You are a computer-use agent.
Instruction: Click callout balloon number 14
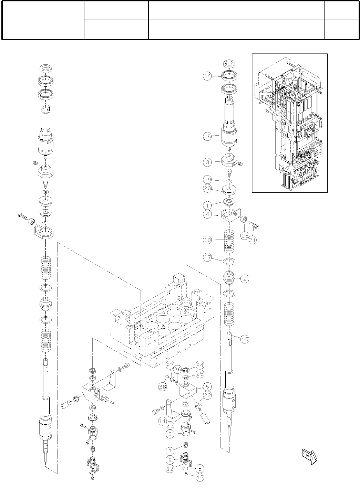point(207,77)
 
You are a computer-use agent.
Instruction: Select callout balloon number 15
point(207,136)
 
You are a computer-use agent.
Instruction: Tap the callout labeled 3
point(207,162)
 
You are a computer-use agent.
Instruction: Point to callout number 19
point(207,179)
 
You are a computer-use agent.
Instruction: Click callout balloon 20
point(207,188)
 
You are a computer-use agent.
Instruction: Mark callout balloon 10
point(207,240)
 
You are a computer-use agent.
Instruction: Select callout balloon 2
point(244,279)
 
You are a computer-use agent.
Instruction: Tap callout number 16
point(244,339)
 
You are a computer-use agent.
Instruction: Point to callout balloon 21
point(253,240)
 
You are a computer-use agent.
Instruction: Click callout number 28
point(163,386)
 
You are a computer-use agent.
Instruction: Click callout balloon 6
point(170,434)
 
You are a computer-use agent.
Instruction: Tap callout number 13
point(200,477)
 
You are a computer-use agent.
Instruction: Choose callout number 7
point(170,450)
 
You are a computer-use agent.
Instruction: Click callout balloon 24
point(200,365)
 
